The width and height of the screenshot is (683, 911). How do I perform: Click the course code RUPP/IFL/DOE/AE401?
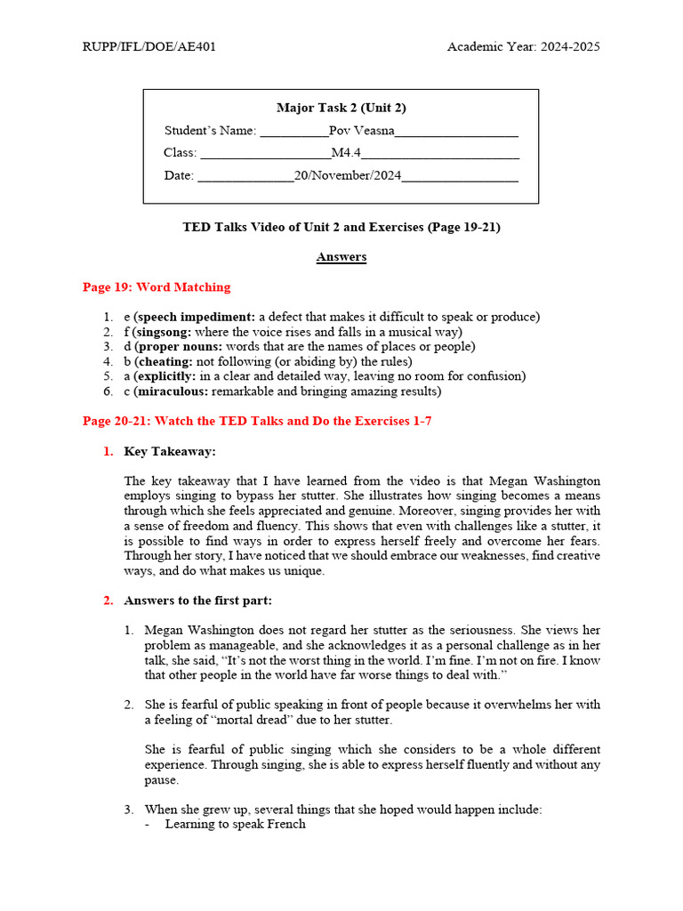149,46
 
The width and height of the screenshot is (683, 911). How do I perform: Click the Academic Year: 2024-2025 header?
523,46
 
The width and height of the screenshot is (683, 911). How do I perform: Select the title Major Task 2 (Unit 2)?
341,108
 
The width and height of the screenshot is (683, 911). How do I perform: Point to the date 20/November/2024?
348,175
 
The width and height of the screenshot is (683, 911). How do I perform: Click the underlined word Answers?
341,257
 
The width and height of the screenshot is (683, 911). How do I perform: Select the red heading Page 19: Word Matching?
157,287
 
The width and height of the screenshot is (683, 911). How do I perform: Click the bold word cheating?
165,361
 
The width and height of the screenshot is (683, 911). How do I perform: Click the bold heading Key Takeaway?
170,451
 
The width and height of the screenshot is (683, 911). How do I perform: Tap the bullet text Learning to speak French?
235,824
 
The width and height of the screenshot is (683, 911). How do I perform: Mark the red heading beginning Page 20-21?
257,421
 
